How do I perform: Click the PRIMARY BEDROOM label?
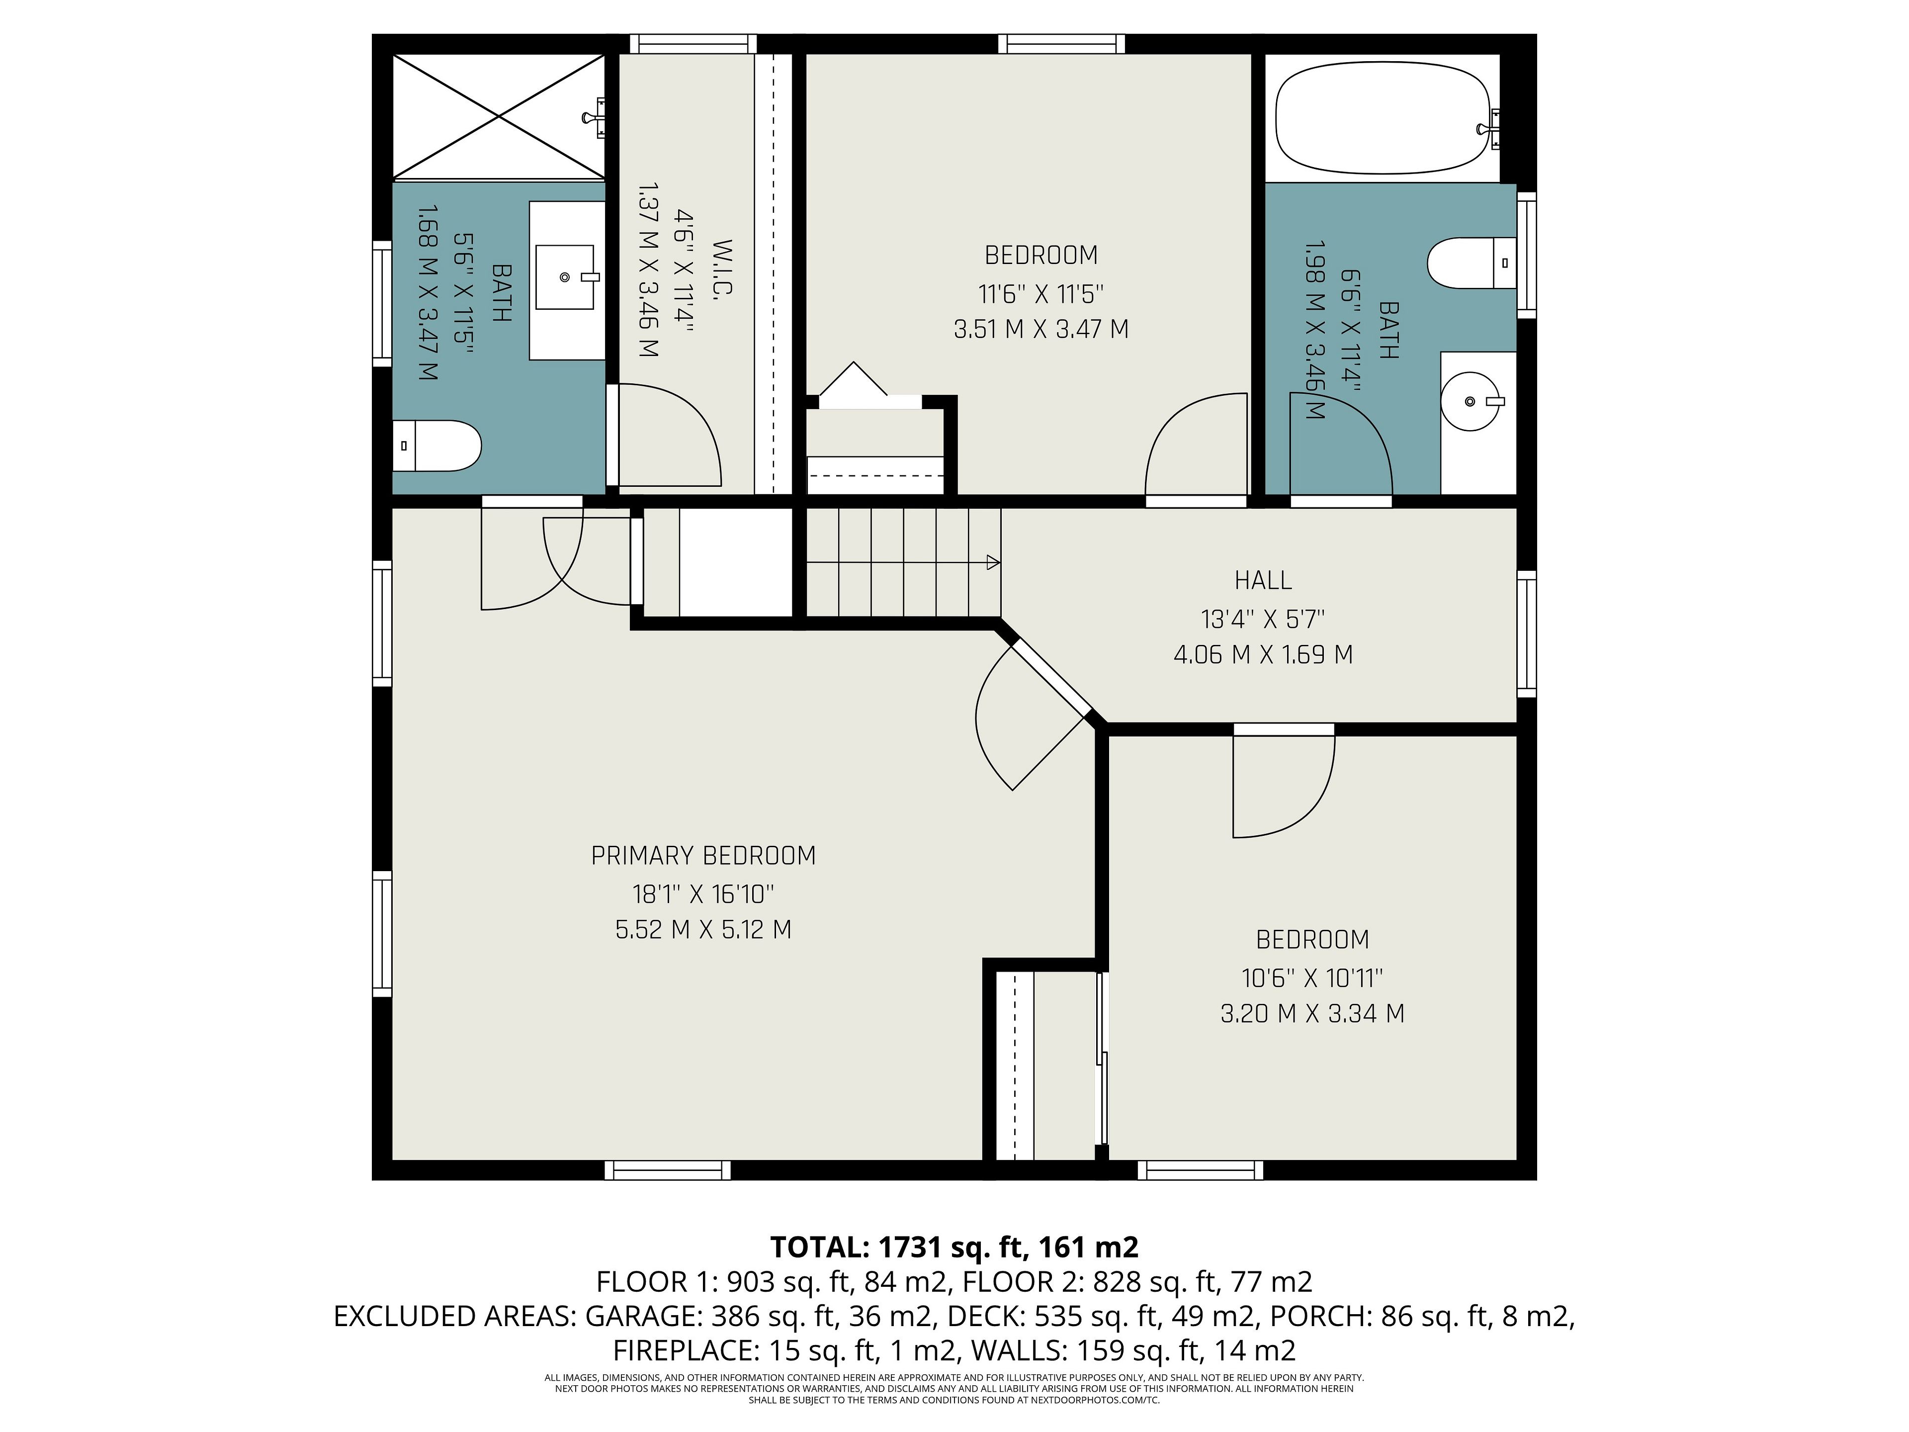point(703,855)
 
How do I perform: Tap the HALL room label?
point(1263,580)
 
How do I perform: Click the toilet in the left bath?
point(436,446)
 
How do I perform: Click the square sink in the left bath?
point(565,277)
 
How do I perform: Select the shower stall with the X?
point(499,117)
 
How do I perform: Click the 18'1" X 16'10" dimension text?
point(703,894)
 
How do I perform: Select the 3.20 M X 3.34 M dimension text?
point(1312,1013)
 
